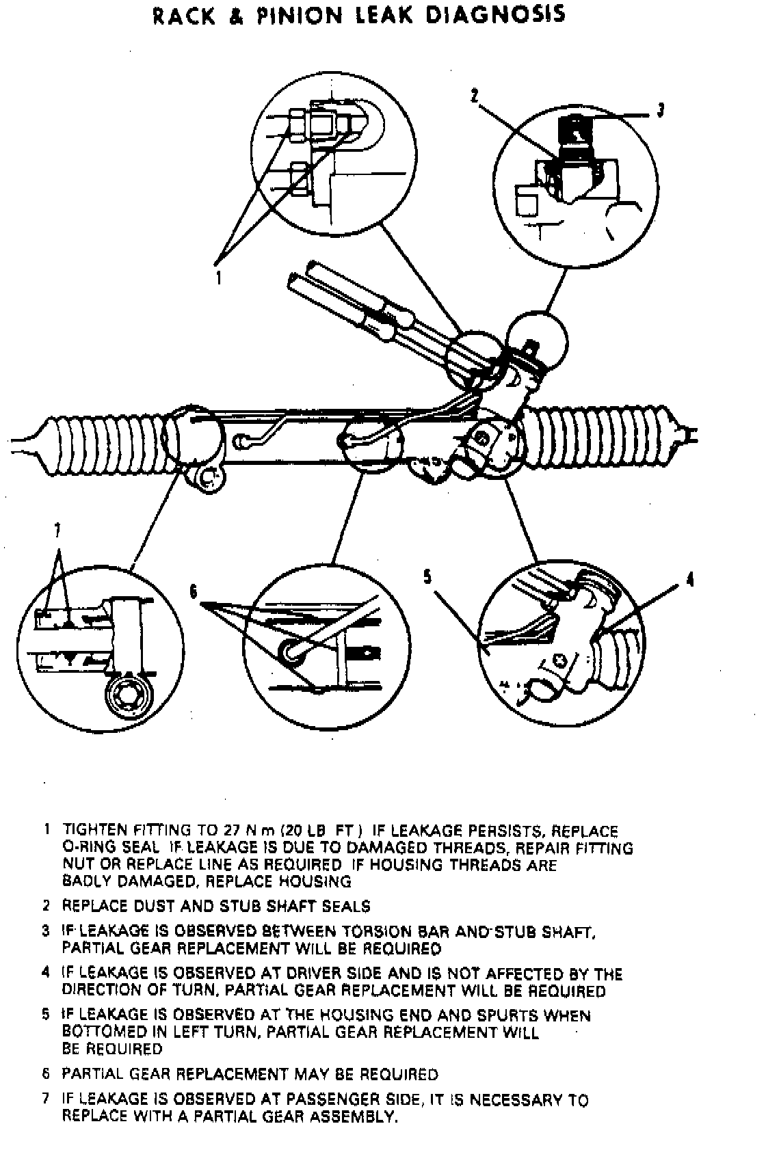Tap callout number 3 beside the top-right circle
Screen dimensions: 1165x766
tap(660, 111)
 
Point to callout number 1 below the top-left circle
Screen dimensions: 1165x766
tap(219, 278)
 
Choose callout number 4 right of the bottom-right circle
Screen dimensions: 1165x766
tap(689, 580)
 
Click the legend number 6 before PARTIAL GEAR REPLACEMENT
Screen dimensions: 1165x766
tap(46, 1074)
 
